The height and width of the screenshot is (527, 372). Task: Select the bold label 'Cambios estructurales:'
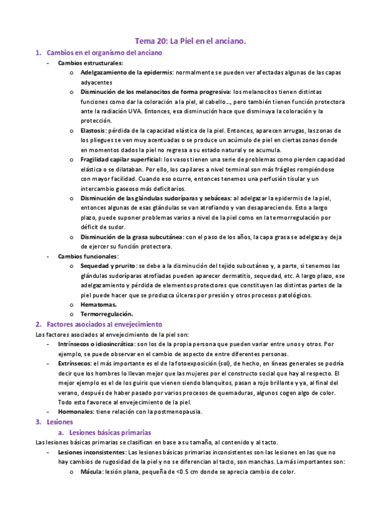tap(90, 63)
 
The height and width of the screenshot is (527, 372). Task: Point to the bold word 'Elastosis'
tap(93, 131)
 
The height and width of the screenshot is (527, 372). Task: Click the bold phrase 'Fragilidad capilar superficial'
tap(121, 160)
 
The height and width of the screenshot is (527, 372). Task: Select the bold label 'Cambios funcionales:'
tap(89, 256)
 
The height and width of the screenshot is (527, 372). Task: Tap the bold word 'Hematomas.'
tap(100, 305)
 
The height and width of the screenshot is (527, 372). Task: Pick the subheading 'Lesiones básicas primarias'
tap(111, 432)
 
